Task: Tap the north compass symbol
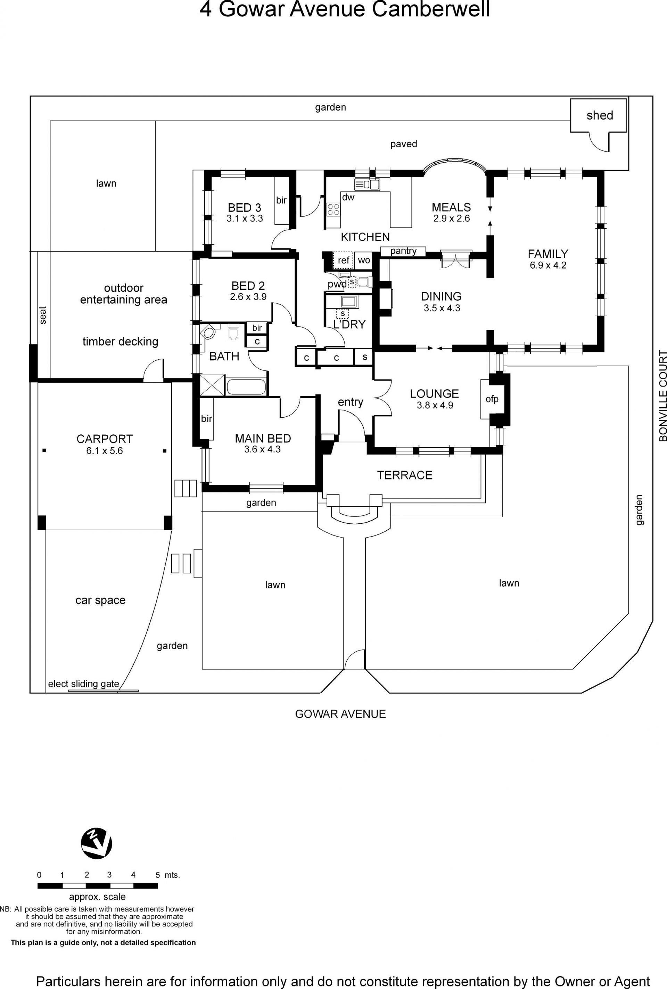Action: (x=97, y=843)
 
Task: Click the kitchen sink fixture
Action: (x=367, y=185)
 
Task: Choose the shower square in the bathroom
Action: (x=212, y=385)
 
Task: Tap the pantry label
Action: (x=403, y=251)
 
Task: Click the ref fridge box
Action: (x=343, y=260)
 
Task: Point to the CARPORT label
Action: (x=105, y=439)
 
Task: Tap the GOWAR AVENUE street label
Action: (x=340, y=714)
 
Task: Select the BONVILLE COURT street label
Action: (x=662, y=395)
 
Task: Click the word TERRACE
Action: (x=404, y=475)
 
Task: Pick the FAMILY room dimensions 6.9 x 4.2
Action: (x=548, y=265)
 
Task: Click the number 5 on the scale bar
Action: (x=157, y=875)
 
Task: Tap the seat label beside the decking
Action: (x=42, y=315)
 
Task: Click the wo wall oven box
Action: (x=364, y=260)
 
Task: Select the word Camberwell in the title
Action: (x=431, y=9)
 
